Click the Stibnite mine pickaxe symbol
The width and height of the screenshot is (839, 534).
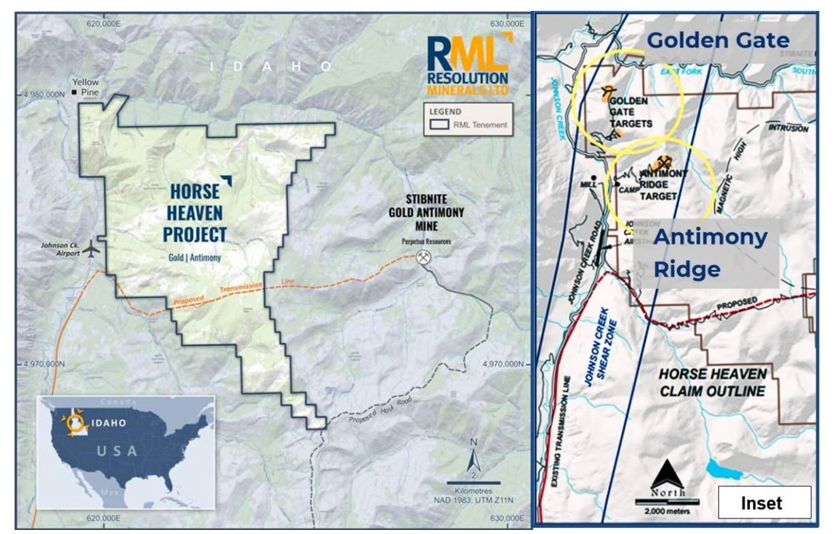pos(424,257)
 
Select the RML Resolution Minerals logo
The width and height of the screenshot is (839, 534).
pos(468,65)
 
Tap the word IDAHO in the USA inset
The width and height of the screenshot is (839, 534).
pos(109,423)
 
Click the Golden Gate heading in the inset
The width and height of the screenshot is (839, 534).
pos(717,40)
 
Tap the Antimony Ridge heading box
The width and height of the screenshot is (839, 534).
pos(709,253)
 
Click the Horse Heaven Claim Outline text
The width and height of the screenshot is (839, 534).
pos(712,382)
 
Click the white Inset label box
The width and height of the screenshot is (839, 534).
pos(764,503)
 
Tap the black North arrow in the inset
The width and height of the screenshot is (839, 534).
pos(667,474)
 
